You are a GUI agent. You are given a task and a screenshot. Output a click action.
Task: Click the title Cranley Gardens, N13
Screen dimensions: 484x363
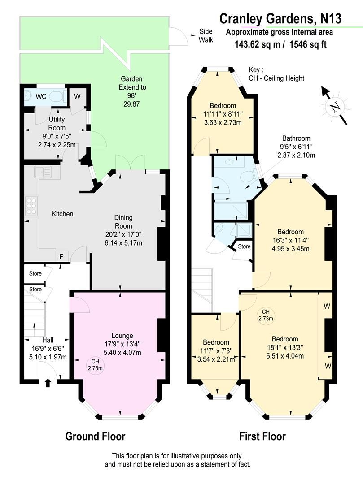pyautogui.click(x=280, y=18)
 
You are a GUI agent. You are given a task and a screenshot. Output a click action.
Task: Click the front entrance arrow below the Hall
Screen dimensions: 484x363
pyautogui.click(x=48, y=382)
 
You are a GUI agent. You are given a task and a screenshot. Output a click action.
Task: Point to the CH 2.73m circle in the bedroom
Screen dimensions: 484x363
pyautogui.click(x=266, y=315)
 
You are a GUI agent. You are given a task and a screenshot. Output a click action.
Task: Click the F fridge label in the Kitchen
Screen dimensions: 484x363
pyautogui.click(x=61, y=257)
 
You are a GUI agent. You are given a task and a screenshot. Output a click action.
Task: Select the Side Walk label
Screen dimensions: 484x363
pyautogui.click(x=206, y=36)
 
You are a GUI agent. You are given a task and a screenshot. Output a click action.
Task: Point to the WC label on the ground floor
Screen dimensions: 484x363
pyautogui.click(x=41, y=96)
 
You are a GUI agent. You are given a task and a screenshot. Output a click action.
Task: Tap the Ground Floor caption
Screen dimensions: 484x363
pyautogui.click(x=95, y=436)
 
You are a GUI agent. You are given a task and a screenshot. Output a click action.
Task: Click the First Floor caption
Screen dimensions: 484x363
pyautogui.click(x=262, y=436)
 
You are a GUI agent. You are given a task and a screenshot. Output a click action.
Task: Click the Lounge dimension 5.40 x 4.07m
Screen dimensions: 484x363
pyautogui.click(x=116, y=353)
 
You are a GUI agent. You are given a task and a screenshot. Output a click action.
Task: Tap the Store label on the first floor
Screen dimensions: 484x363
pyautogui.click(x=244, y=246)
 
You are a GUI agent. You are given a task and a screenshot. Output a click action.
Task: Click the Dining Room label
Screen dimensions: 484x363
pyautogui.click(x=122, y=221)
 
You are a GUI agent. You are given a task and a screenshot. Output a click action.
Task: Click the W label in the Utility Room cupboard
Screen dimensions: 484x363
pyautogui.click(x=77, y=95)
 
